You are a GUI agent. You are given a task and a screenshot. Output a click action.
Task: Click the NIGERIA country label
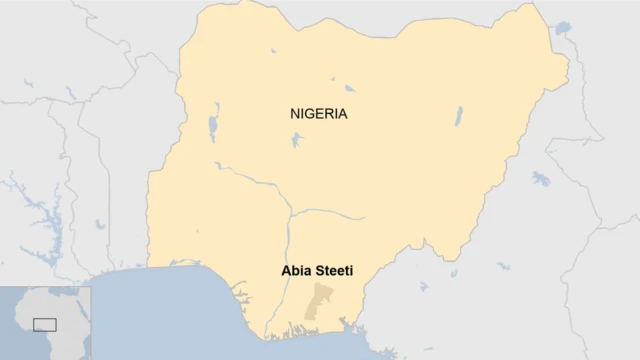(319, 113)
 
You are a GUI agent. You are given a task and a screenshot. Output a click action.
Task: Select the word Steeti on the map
(333, 269)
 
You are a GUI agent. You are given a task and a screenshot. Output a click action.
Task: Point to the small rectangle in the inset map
(44, 323)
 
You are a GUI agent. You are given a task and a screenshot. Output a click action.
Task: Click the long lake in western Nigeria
(214, 128)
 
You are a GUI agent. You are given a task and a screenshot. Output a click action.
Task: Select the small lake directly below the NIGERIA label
(296, 139)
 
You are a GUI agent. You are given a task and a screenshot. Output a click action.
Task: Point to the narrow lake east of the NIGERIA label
(458, 116)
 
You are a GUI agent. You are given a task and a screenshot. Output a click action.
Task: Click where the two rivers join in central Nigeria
(290, 212)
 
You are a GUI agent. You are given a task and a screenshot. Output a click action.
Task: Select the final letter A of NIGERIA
(343, 113)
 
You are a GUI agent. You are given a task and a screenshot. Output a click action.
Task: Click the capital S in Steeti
(318, 269)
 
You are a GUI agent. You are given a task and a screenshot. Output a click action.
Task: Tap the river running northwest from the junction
(250, 180)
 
